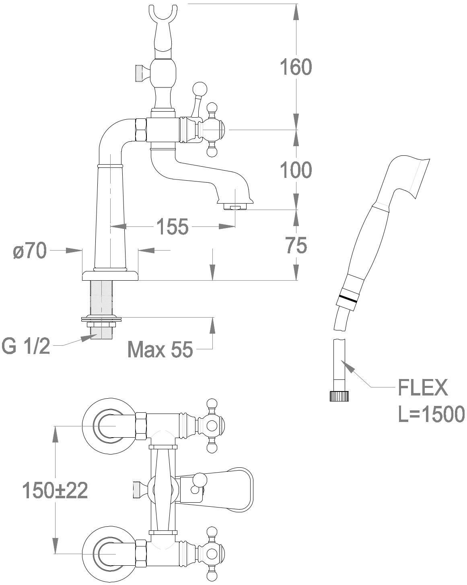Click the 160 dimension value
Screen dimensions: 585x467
(296, 67)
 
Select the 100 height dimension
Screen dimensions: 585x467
(296, 170)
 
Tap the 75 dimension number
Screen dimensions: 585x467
(296, 245)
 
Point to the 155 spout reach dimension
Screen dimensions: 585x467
(172, 227)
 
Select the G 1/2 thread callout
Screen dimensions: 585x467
(26, 346)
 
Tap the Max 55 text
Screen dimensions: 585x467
(160, 350)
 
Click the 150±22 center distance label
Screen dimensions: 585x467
(55, 490)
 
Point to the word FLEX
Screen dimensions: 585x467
(422, 388)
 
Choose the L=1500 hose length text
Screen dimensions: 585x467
(431, 414)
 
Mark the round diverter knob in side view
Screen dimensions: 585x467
(200, 88)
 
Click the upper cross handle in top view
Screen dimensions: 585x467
(212, 426)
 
